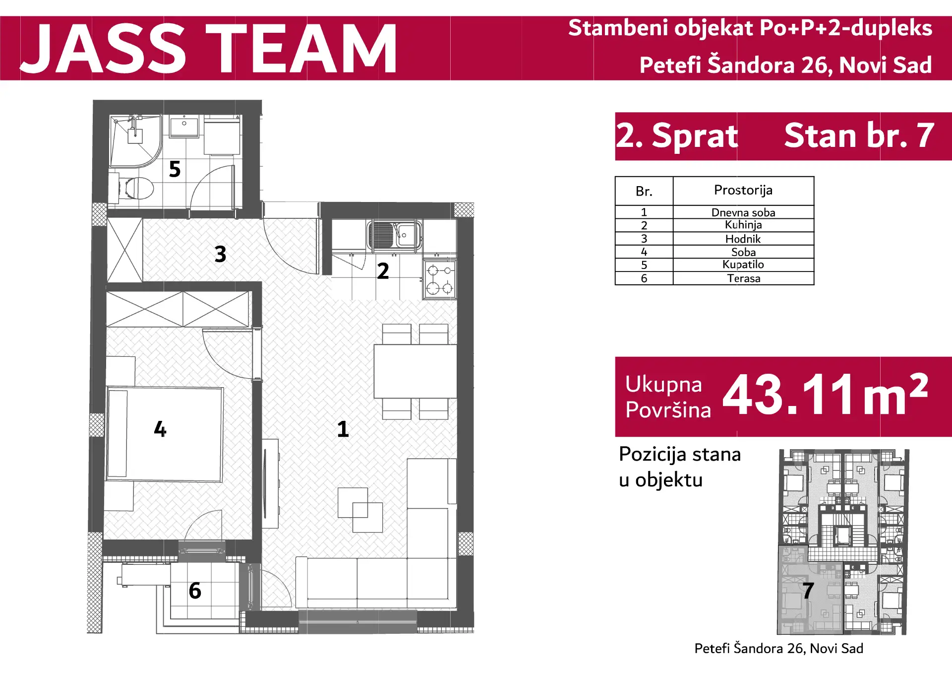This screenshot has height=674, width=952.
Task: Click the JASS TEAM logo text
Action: (x=208, y=49)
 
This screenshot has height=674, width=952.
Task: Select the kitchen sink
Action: (x=394, y=235)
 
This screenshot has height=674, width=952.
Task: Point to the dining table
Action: (x=415, y=371)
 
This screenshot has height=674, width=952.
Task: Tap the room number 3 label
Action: (x=221, y=254)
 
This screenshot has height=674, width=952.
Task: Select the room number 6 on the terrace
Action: (x=195, y=591)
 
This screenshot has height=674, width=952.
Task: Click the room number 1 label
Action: (x=343, y=429)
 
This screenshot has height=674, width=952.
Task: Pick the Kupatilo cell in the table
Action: (x=743, y=265)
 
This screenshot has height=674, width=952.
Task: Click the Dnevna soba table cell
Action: (x=743, y=212)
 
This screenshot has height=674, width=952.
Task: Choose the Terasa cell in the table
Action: (x=743, y=278)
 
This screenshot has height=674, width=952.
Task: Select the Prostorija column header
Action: (x=743, y=190)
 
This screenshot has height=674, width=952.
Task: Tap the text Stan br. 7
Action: (x=859, y=135)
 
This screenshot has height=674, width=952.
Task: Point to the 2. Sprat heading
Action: (x=677, y=135)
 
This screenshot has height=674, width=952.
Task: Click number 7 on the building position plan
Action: (x=808, y=591)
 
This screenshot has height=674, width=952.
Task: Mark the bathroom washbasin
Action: (x=184, y=126)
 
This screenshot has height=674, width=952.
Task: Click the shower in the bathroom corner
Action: (x=135, y=140)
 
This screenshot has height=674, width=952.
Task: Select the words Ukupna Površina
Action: (x=668, y=397)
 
